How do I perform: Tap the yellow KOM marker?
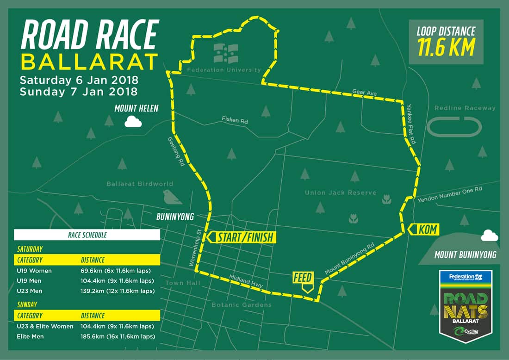(422, 229)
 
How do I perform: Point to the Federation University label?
(224, 70)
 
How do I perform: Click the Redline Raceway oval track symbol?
(454, 126)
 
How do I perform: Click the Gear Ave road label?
(365, 93)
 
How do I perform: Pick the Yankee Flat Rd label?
(411, 124)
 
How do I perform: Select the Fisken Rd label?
(235, 121)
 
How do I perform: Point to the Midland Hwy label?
(246, 281)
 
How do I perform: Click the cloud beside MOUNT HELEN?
(133, 122)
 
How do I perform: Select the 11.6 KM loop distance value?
(447, 47)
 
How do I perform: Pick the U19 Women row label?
(34, 271)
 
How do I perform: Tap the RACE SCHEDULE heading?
(87, 235)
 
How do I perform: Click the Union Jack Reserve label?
(340, 192)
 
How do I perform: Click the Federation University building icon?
(226, 53)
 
